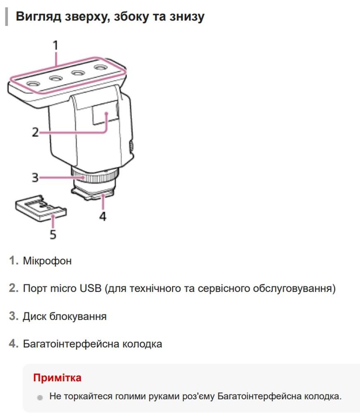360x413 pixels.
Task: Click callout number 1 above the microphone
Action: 55,45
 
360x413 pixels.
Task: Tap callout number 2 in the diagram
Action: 35,132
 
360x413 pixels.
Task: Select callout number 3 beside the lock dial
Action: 35,178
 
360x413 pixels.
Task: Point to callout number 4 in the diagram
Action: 103,216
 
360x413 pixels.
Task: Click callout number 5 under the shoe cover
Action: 53,234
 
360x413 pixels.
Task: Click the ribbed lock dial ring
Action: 95,176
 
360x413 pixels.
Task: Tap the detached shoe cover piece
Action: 41,208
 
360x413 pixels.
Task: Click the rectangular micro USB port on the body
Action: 105,112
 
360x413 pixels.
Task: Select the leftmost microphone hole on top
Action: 33,84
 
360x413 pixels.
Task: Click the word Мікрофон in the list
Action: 47,261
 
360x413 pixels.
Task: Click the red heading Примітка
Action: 57,378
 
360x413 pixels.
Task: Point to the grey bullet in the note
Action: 40,398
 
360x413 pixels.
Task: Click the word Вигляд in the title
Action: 39,17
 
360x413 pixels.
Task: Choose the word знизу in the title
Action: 187,17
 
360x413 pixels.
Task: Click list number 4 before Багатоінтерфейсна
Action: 14,344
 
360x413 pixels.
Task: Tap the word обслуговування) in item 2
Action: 294,288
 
